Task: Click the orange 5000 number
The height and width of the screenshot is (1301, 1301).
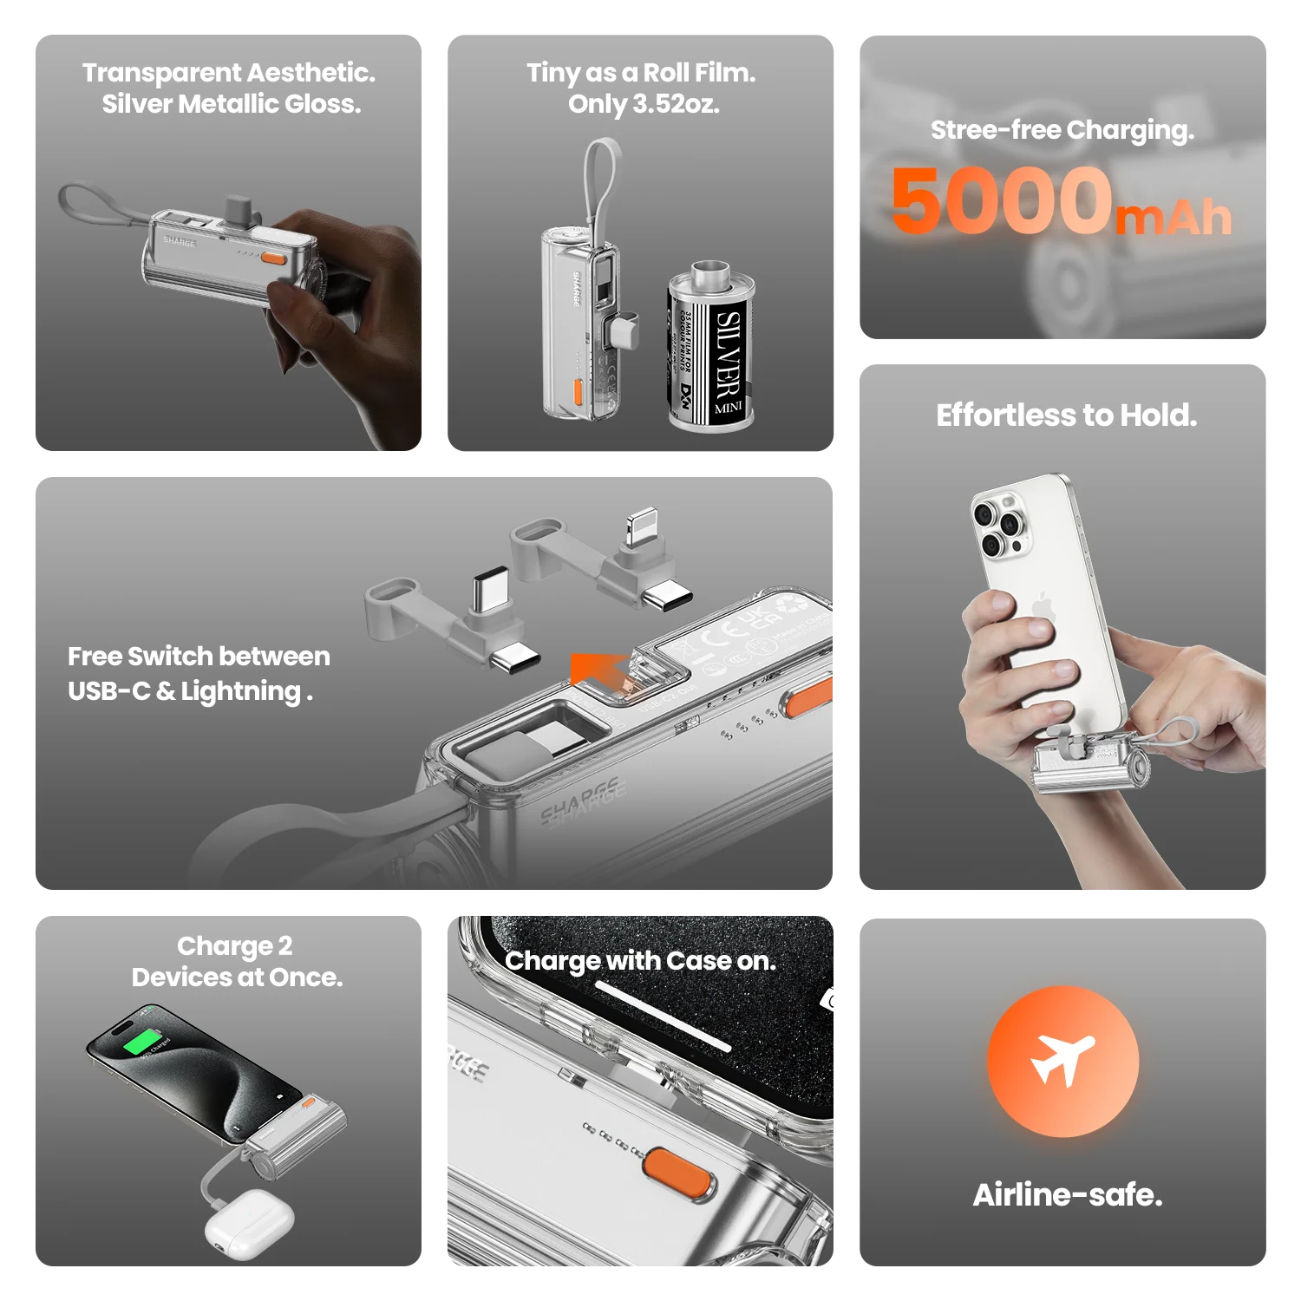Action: coord(1002,201)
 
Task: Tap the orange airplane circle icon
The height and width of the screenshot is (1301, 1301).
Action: coord(1062,1061)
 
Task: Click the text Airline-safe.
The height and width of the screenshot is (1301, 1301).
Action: coord(1067,1195)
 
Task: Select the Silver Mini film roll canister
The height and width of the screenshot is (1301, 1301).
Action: coord(711,347)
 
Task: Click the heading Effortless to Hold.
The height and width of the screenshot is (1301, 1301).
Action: coord(1066,415)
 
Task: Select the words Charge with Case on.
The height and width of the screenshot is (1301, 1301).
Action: coord(640,961)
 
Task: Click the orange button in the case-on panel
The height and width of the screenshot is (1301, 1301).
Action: coord(679,1174)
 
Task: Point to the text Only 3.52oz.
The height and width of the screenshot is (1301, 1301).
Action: coord(644,104)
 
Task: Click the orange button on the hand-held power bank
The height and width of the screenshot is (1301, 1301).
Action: coord(274,258)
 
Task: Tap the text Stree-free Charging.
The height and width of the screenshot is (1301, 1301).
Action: coord(1062,130)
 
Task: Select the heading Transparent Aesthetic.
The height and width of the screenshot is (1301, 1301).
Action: coord(229,73)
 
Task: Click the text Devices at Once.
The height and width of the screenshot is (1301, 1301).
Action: coord(237,977)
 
